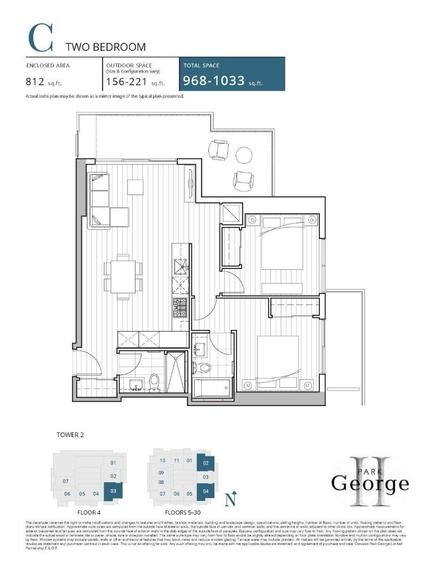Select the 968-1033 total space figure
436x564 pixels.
click(214, 81)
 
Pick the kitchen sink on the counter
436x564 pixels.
click(181, 266)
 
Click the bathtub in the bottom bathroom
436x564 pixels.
click(213, 388)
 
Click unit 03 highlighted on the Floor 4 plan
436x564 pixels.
click(113, 491)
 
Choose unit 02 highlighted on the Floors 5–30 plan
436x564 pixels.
click(206, 463)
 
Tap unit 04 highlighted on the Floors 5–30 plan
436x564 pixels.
click(206, 492)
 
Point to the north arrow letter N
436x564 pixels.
click(230, 499)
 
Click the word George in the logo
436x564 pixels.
click(370, 482)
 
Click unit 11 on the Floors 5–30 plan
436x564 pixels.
click(176, 461)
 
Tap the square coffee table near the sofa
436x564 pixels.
click(136, 187)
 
